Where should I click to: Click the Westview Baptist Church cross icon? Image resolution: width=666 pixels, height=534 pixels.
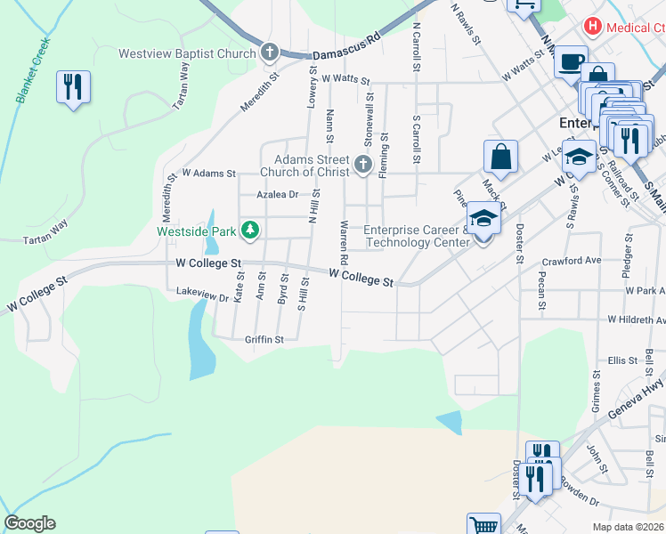click(270, 53)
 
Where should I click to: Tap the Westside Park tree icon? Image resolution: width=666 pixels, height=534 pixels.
click(250, 231)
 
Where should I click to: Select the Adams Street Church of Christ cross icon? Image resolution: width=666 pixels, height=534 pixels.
click(361, 164)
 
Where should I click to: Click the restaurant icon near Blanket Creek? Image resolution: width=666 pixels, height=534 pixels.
click(72, 87)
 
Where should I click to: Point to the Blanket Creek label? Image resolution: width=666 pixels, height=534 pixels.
click(33, 70)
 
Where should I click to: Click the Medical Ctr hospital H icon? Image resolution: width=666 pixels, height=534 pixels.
click(594, 28)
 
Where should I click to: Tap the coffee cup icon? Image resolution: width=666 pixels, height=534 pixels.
click(571, 62)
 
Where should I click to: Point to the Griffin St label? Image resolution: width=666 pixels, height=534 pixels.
click(264, 339)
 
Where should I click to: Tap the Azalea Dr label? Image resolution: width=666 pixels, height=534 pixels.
click(277, 194)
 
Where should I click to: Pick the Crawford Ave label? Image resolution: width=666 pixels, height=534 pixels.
click(573, 261)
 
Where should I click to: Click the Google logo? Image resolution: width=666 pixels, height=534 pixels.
click(29, 523)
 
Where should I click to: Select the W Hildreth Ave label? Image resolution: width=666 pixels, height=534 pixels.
click(636, 319)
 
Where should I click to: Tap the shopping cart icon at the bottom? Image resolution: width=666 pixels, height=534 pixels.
click(483, 526)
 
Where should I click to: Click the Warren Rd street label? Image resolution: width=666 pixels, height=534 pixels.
click(342, 242)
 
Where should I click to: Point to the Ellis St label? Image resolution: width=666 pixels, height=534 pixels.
click(616, 360)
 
